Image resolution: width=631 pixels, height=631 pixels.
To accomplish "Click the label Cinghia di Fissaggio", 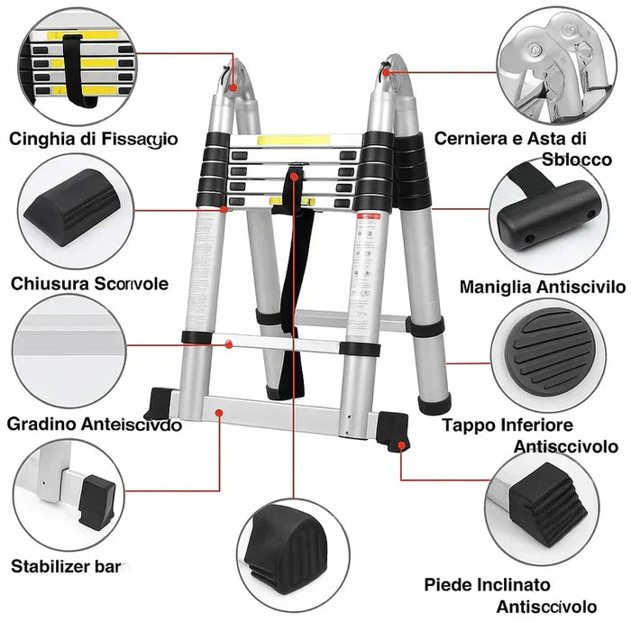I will tap(94, 139).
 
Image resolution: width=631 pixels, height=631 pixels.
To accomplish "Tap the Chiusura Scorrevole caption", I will tap(89, 284).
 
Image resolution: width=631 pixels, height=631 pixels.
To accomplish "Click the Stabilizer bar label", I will tap(70, 566).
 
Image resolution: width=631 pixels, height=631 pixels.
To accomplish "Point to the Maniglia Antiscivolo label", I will tap(542, 288).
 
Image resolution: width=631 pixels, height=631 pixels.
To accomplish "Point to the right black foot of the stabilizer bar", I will tap(396, 427).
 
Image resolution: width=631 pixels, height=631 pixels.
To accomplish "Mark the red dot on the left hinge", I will tap(233, 89).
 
